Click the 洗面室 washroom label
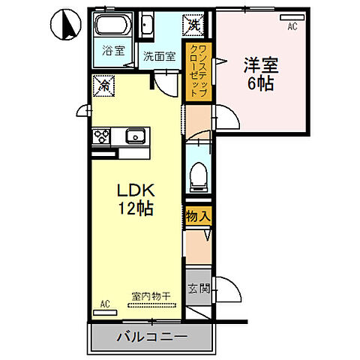tap(159, 55)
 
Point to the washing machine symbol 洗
tap(195, 24)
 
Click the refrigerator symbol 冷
tap(103, 86)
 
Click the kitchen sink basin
tap(135, 136)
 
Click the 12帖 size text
tap(134, 209)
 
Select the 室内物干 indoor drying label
tap(151, 295)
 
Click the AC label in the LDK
tap(105, 304)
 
